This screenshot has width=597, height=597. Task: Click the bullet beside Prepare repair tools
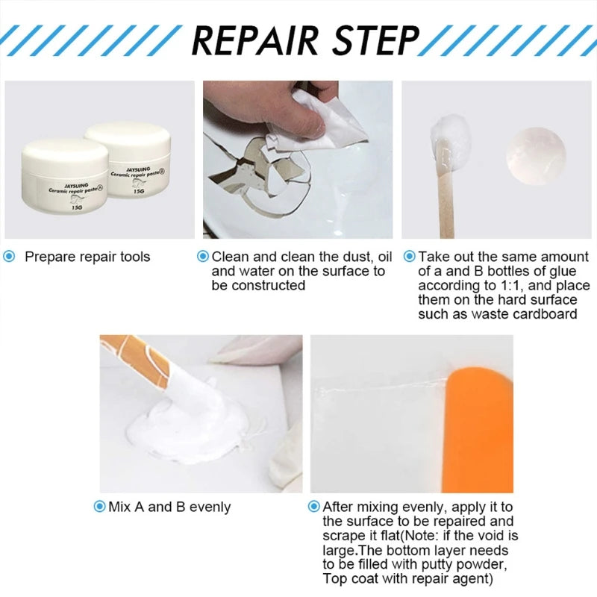(x=10, y=257)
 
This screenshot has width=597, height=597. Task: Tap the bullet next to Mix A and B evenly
(x=99, y=507)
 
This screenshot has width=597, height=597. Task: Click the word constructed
(x=258, y=285)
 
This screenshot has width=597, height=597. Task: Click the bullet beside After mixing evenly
(x=313, y=507)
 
